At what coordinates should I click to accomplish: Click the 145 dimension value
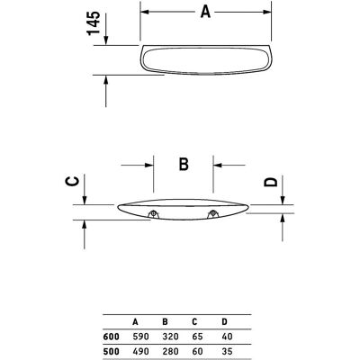tap(94, 23)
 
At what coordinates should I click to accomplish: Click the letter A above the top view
tap(205, 12)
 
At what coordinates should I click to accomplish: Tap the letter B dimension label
tap(184, 164)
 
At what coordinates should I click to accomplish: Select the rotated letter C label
tap(73, 182)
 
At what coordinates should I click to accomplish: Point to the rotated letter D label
tap(271, 182)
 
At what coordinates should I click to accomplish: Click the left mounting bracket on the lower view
tap(153, 213)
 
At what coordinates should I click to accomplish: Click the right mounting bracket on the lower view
tap(212, 213)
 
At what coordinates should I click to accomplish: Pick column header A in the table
tap(135, 322)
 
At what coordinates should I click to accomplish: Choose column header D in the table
tap(224, 322)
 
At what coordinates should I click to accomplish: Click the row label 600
tap(111, 337)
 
